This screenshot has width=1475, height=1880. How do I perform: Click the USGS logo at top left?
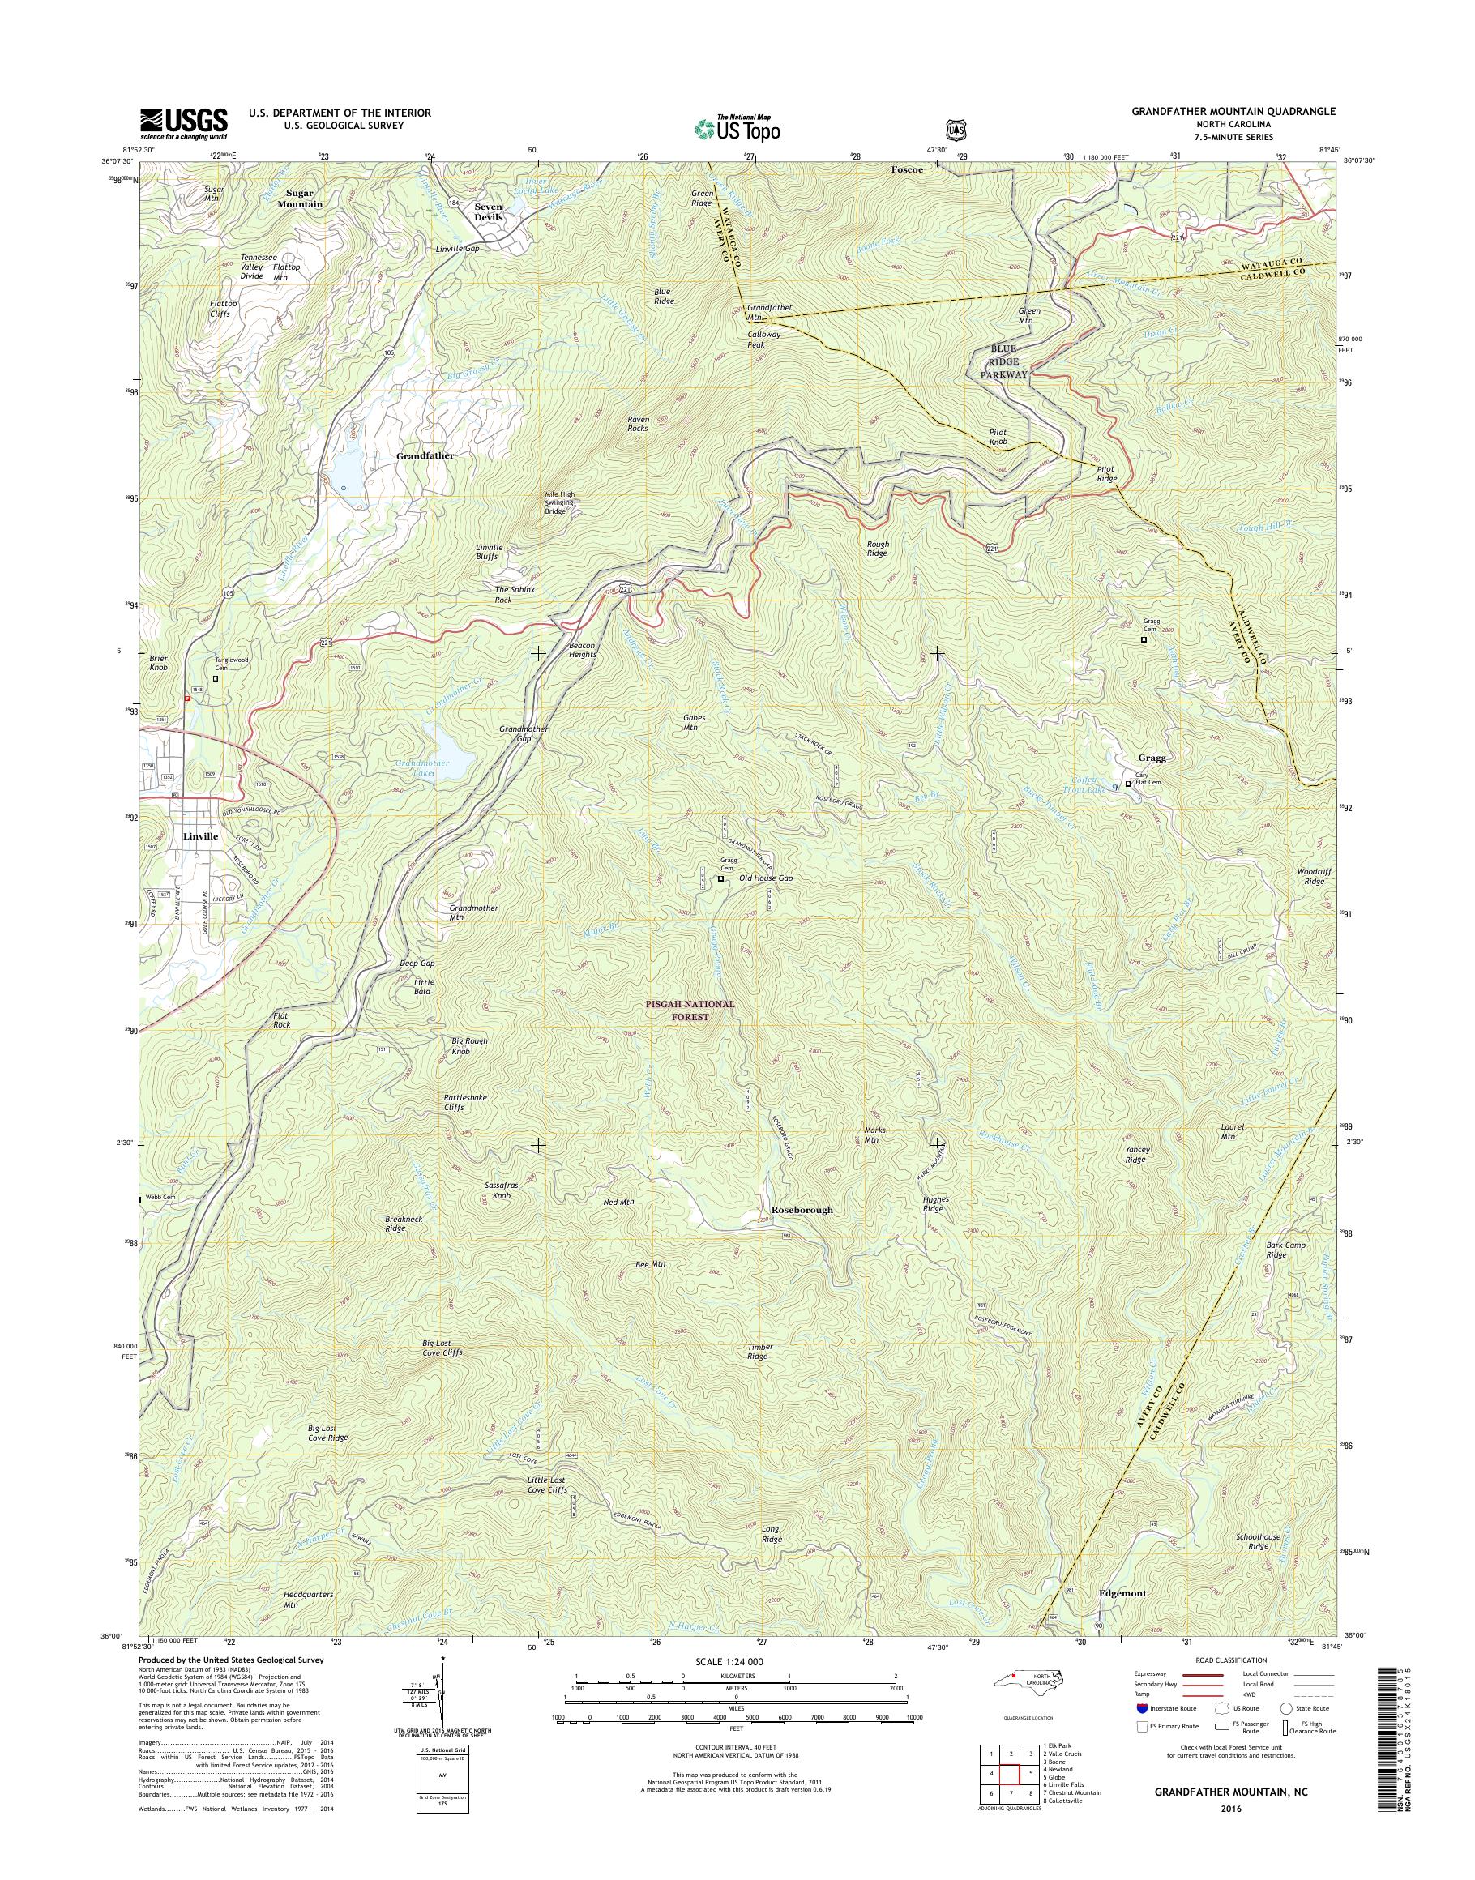[x=184, y=123]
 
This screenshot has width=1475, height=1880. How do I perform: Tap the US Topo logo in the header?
[x=737, y=129]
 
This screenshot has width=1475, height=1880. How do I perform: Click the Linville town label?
[x=200, y=837]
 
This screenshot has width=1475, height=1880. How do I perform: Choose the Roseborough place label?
[x=802, y=1210]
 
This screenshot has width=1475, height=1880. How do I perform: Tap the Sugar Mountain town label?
[x=300, y=199]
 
